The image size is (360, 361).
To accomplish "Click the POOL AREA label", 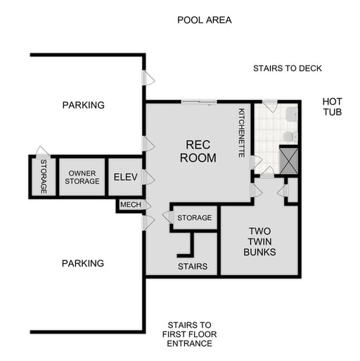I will coord(204,20).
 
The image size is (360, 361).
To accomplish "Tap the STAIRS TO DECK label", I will coord(287,68).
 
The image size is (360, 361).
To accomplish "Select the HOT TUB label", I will coord(332,106).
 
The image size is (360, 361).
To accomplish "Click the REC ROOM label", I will coord(198,151).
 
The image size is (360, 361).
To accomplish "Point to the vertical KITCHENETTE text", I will coord(241,132).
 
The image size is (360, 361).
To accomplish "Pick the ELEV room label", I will coord(125,177).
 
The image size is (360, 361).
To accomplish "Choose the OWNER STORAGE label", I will coord(82,177).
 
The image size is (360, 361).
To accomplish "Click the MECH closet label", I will coord(130,205).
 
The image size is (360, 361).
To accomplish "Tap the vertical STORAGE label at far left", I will coord(43,177).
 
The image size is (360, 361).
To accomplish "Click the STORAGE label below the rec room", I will coord(194,218).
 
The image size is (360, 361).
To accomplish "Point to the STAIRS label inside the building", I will coord(192,267).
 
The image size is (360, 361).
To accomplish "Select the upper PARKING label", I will coord(83,105).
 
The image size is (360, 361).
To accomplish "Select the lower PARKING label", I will coord(83,263).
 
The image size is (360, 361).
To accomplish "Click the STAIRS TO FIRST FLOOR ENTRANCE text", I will coord(188,334).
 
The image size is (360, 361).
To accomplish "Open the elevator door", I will coord(147,177).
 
